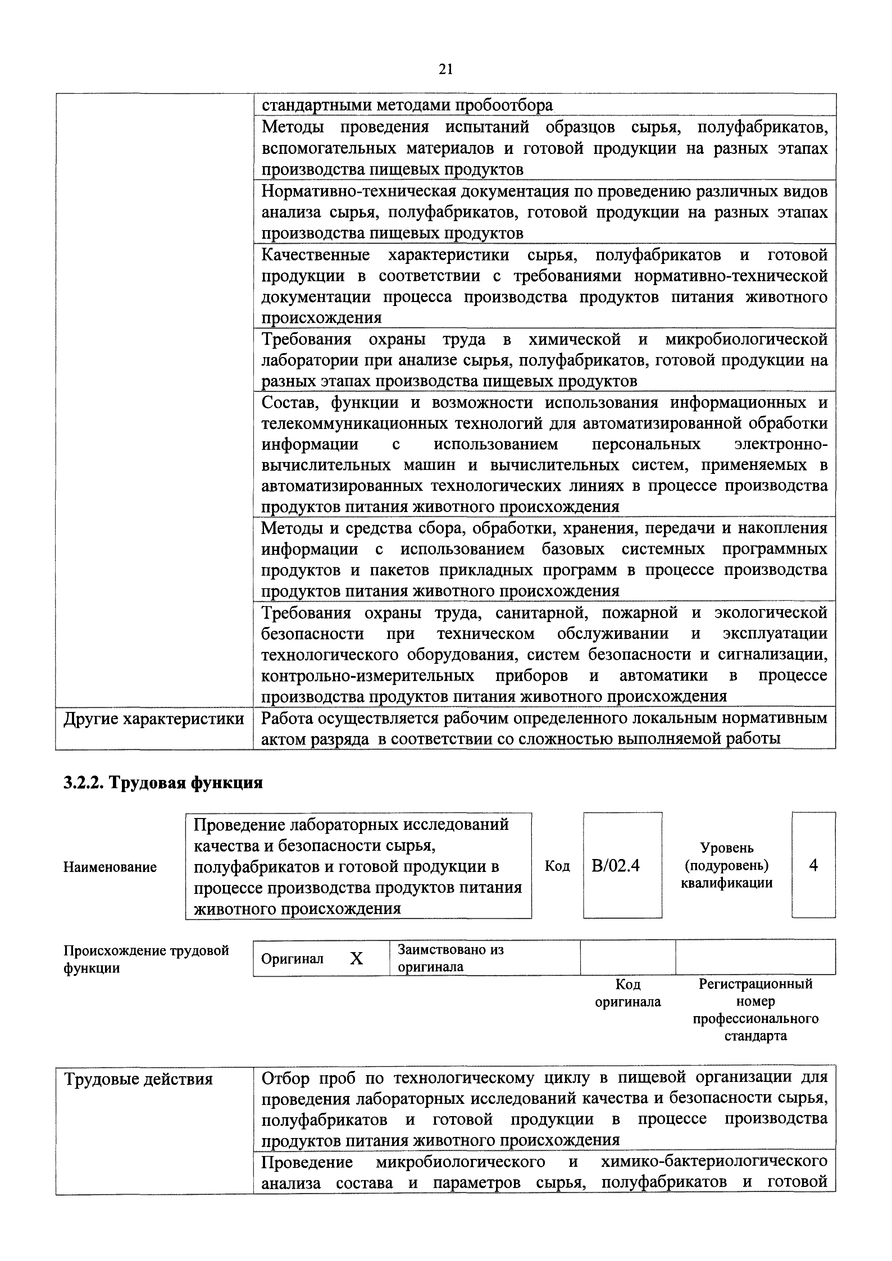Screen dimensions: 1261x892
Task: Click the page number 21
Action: [x=445, y=69]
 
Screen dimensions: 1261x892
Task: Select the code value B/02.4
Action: [x=616, y=866]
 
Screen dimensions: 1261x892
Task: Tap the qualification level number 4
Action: [x=814, y=865]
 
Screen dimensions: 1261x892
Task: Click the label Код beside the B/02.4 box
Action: [x=557, y=867]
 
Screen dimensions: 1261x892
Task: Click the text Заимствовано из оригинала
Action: [x=450, y=958]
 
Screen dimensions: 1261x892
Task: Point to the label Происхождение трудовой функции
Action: [x=146, y=958]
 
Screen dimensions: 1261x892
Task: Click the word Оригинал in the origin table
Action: [x=292, y=959]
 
